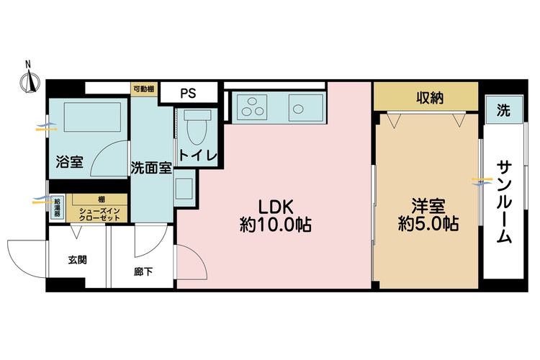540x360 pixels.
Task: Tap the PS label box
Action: tap(188, 93)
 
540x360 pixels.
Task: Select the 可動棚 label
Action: tap(143, 89)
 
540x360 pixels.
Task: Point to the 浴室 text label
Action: tap(70, 162)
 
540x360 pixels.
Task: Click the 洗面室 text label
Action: tap(151, 168)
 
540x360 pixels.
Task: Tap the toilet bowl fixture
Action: tap(194, 130)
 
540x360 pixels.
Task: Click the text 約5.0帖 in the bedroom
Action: tap(429, 224)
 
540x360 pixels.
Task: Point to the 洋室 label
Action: tap(429, 204)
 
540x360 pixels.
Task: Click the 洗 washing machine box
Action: tap(503, 110)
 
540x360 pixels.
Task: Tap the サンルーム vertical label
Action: tap(503, 201)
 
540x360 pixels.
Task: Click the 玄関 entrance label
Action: tap(78, 260)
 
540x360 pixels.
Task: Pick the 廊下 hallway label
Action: tap(143, 272)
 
